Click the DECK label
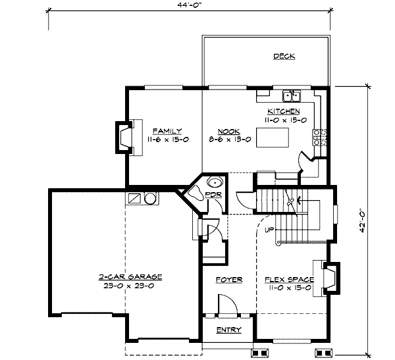coord(284,56)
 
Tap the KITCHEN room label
coord(283,111)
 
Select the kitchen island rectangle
coord(273,138)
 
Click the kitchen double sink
coord(292,95)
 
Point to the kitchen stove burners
coord(319,138)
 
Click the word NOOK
coord(228,131)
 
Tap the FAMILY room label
coord(167,131)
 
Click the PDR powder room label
coord(213,195)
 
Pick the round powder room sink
coord(215,182)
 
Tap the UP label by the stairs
coord(269,230)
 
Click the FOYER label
coord(229,280)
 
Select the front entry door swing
coord(228,304)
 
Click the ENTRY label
coord(228,330)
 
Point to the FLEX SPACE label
coord(289,280)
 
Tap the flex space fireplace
coord(332,278)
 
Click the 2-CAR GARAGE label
coord(130,277)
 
